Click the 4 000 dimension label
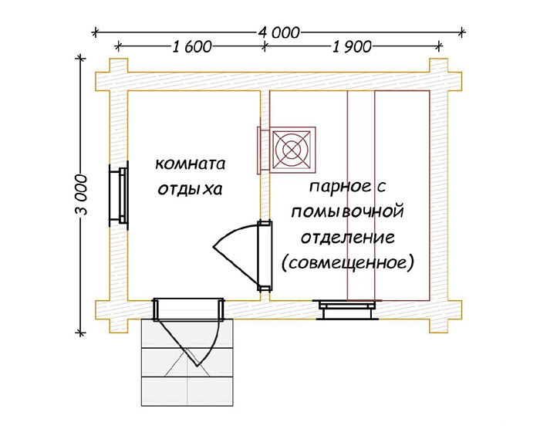coord(278,32)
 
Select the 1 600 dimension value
coord(191,46)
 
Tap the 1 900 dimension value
coord(352,46)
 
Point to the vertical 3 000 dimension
coord(81,194)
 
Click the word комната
coord(190,164)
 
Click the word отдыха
coord(190,190)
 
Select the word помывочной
coord(347,211)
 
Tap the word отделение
coord(348,238)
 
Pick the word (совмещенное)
coord(347,263)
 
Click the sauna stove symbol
coord(292,150)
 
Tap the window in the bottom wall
coord(347,309)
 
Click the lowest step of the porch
coord(187,391)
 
